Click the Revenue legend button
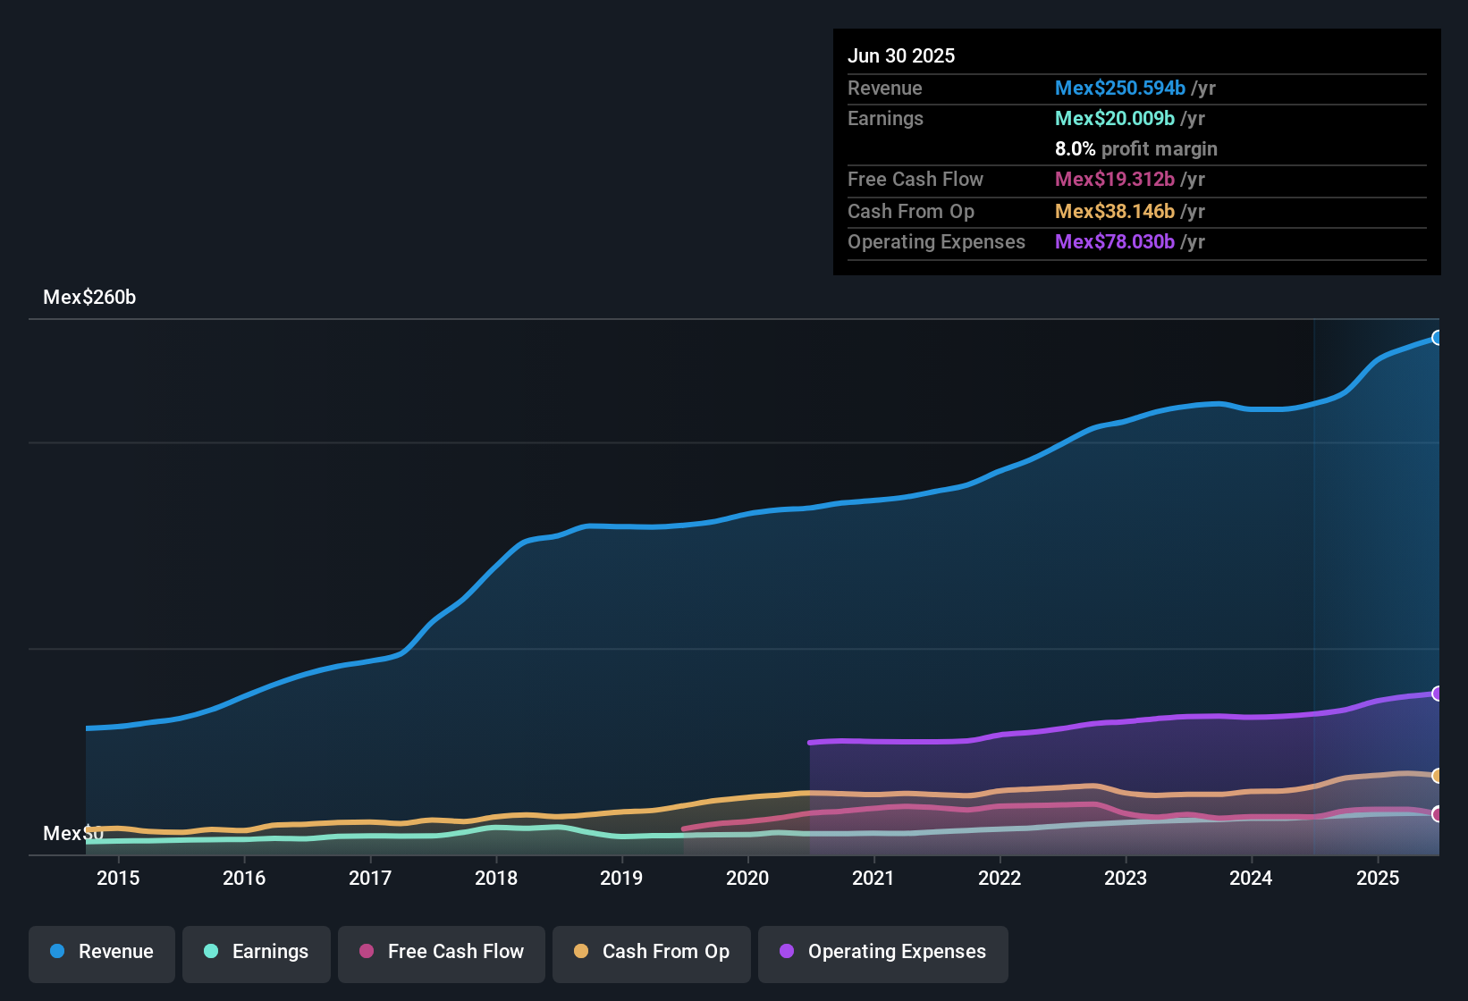102,952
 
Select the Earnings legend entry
257,952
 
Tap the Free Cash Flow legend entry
442,952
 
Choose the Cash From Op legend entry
652,952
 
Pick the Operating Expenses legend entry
883,952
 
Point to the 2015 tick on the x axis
118,878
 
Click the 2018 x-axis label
496,878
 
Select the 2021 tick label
873,878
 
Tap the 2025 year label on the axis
1378,878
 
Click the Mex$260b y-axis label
89,298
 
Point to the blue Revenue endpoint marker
1438,338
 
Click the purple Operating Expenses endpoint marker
1438,694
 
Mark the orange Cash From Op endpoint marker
1438,776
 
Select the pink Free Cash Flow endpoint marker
1438,814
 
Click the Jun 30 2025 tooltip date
901,56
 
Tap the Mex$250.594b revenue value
1119,88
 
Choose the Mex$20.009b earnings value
1114,119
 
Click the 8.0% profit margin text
1135,149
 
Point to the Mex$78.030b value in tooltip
1114,242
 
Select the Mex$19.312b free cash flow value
1114,180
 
